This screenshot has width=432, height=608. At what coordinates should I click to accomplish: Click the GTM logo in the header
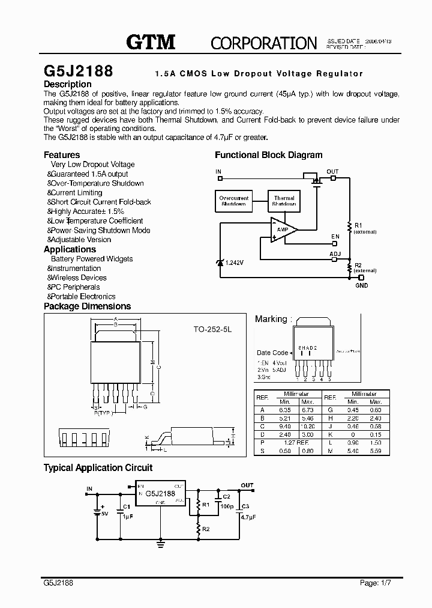pyautogui.click(x=150, y=42)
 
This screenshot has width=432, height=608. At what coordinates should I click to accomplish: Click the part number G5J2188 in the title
pyautogui.click(x=78, y=70)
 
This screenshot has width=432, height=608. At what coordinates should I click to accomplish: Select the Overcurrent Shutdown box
pyautogui.click(x=233, y=201)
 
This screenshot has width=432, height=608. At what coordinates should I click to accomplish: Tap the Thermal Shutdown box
pyautogui.click(x=284, y=201)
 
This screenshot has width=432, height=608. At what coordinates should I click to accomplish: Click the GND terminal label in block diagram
pyautogui.click(x=361, y=285)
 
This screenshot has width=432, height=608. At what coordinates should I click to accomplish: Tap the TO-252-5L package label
pyautogui.click(x=212, y=329)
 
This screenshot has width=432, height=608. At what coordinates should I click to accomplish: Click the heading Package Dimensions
pyautogui.click(x=87, y=306)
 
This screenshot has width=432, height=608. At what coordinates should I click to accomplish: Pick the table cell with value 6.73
pyautogui.click(x=307, y=410)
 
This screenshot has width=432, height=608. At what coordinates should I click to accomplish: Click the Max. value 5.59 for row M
pyautogui.click(x=376, y=451)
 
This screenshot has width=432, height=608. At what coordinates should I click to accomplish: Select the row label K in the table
pyautogui.click(x=329, y=434)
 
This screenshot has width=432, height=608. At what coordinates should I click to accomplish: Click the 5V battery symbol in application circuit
pyautogui.click(x=97, y=511)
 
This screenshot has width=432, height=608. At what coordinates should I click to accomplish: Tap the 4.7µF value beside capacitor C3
pyautogui.click(x=248, y=517)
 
